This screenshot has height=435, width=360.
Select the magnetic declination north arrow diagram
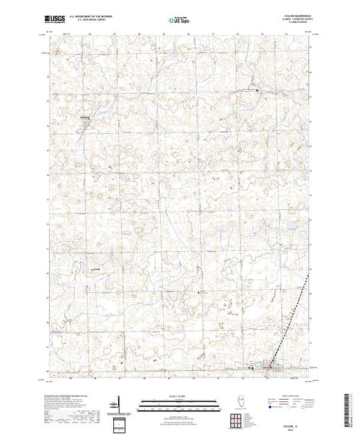121,405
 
